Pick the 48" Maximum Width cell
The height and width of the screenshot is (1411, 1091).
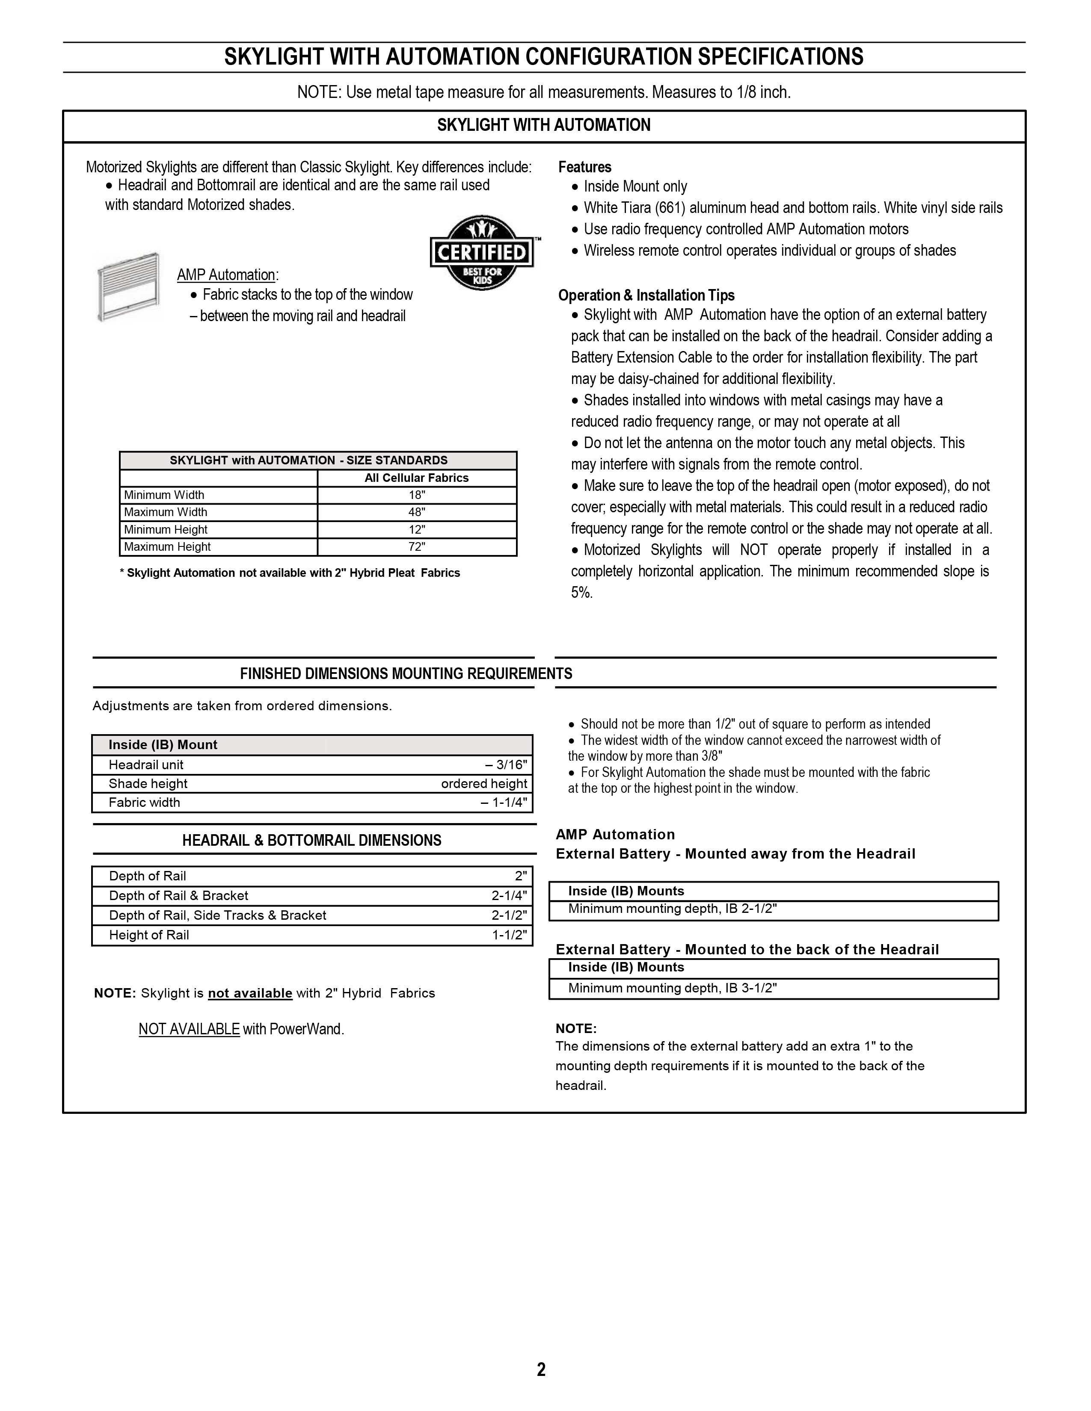point(417,512)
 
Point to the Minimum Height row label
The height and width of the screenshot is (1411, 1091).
point(166,530)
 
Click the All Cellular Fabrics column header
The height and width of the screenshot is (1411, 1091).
point(417,478)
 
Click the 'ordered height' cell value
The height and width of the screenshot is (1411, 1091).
point(484,784)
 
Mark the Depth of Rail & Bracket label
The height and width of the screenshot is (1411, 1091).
point(179,895)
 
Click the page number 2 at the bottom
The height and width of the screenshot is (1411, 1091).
point(541,1369)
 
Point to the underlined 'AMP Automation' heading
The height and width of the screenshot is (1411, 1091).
point(226,275)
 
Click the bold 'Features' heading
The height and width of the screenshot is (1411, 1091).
point(585,167)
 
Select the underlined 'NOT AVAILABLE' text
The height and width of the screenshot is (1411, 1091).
point(189,1029)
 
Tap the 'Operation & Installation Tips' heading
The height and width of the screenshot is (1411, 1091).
point(646,295)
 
